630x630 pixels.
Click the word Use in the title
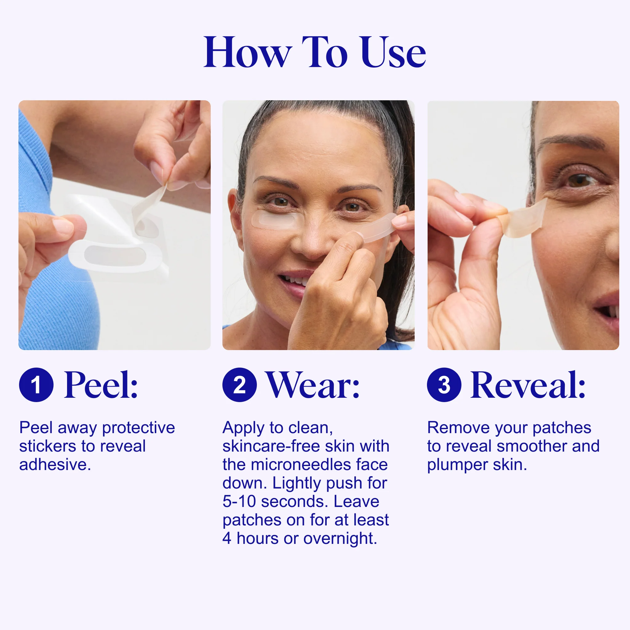pos(393,53)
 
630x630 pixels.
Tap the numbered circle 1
pos(36,385)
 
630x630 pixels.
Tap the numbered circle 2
pos(239,385)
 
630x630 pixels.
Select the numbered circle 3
pos(444,385)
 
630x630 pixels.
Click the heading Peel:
pos(101,385)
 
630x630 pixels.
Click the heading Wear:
pos(313,385)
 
